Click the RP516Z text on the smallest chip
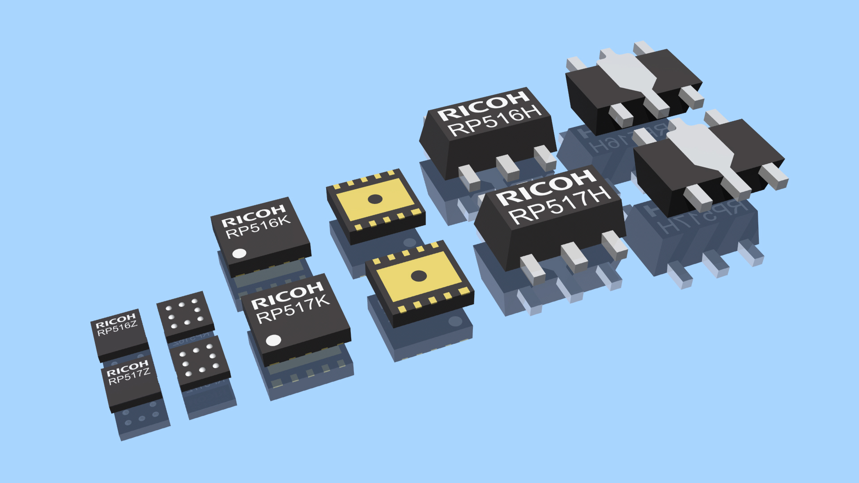(x=117, y=328)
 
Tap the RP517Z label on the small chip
(x=129, y=377)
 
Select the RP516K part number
(x=258, y=227)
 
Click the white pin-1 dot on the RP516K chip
(x=239, y=254)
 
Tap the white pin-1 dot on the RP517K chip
(x=273, y=341)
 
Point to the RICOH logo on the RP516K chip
(x=253, y=215)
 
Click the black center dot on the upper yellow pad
(x=375, y=199)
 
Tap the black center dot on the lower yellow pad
(x=419, y=276)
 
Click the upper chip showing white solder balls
(x=185, y=316)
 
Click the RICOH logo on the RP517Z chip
(x=127, y=369)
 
